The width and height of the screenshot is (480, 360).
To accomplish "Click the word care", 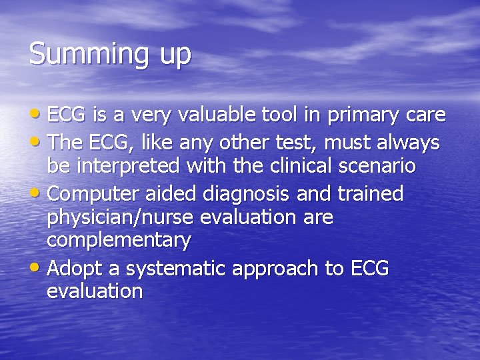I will point(425,116).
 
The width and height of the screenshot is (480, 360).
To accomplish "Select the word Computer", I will point(96,195).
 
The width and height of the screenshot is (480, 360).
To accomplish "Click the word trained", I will point(371,194).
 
